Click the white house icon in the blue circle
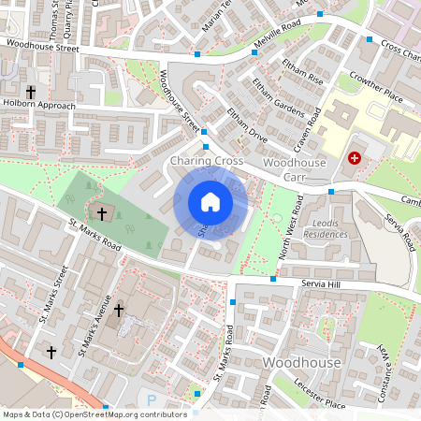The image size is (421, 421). click(x=210, y=202)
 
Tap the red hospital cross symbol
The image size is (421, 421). click(x=355, y=159)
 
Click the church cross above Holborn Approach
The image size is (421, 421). click(x=31, y=93)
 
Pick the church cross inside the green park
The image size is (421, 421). click(x=101, y=214)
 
